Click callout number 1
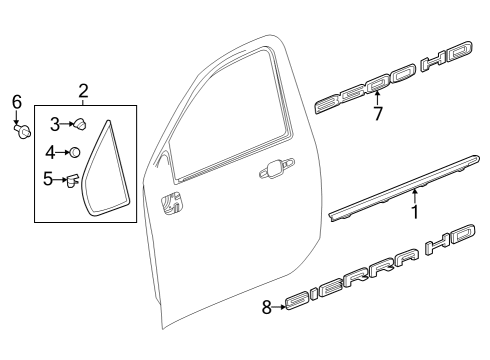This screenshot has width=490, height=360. point(414,211)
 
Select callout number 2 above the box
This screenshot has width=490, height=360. point(83,91)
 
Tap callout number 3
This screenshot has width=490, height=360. point(55,124)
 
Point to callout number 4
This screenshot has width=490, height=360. point(51,153)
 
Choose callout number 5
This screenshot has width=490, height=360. point(47,180)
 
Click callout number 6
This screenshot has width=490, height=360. point(16,101)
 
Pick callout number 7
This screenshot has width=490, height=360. point(377,114)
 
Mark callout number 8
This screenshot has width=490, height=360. point(267,308)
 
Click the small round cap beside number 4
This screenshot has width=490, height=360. point(73,153)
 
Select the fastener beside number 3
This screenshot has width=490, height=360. point(79,124)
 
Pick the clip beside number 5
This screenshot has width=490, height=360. point(71,180)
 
